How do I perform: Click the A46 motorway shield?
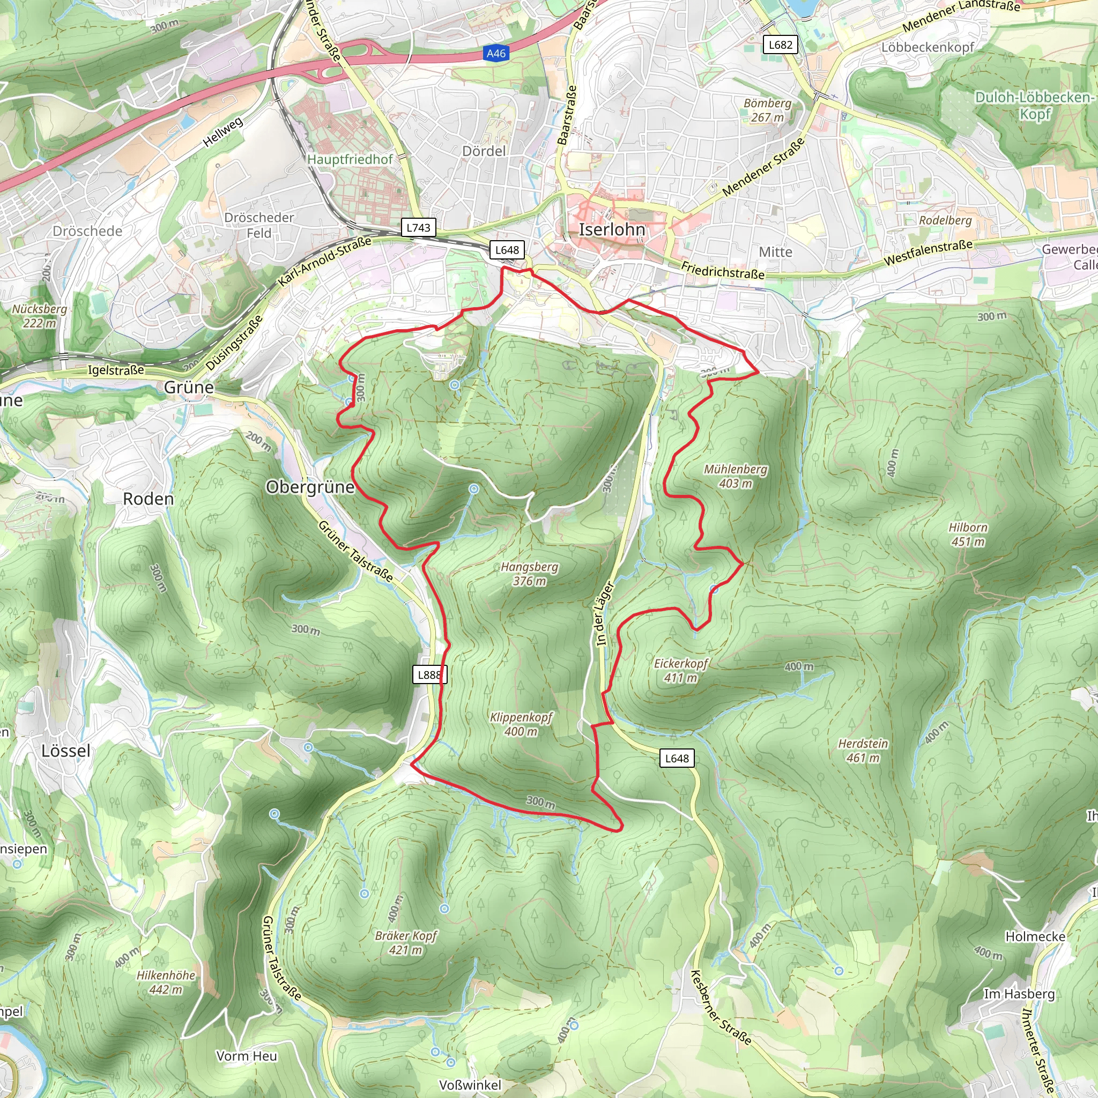495,54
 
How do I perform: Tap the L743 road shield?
418,227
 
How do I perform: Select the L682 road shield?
780,45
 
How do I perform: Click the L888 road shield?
429,674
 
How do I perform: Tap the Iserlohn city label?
612,229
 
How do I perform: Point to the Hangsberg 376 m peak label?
529,574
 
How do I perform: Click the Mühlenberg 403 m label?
736,476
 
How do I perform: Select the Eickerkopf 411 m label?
681,670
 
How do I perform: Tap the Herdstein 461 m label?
863,750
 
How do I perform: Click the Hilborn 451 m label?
968,534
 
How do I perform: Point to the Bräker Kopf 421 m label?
406,943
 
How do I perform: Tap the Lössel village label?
66,751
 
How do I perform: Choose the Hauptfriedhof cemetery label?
350,159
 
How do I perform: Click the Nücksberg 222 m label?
39,316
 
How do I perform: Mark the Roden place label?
149,499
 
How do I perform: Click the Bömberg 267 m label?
767,110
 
